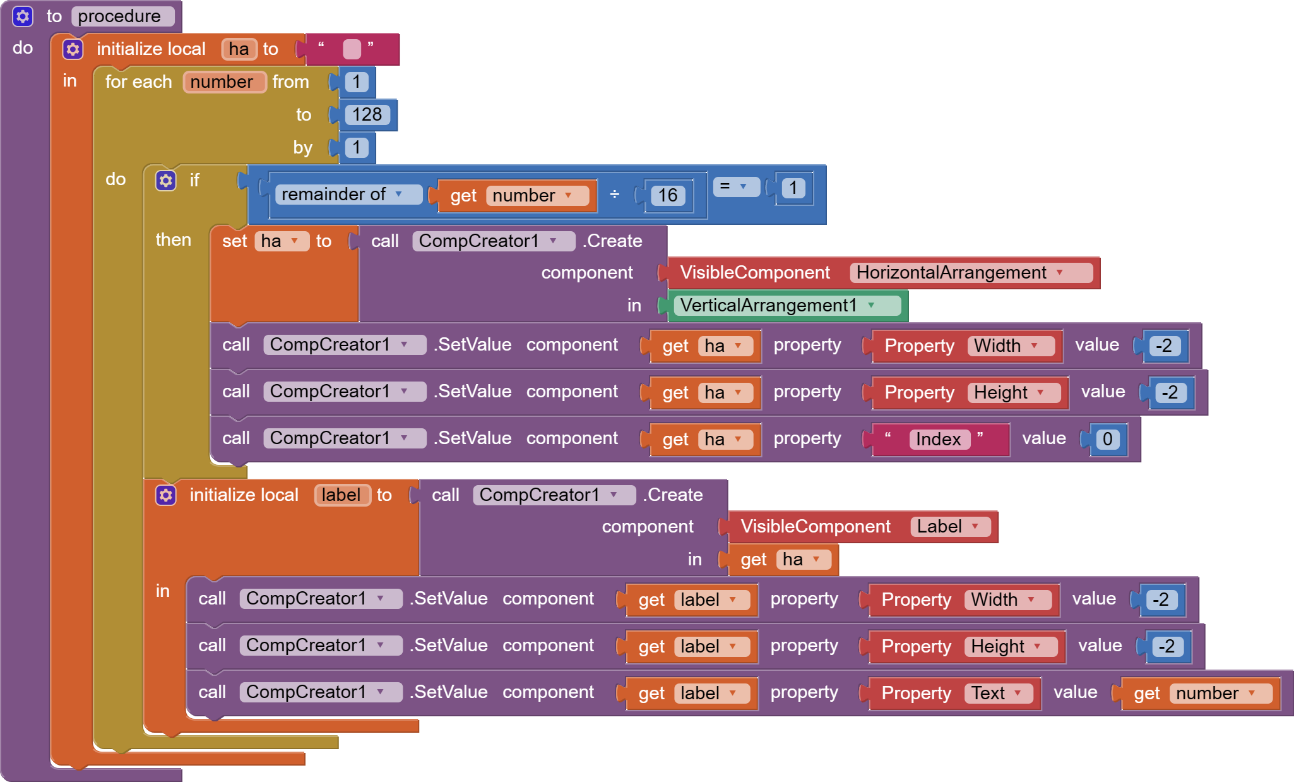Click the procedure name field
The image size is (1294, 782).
pyautogui.click(x=120, y=16)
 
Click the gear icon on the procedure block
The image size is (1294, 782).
pyautogui.click(x=23, y=16)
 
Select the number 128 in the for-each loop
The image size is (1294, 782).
pyautogui.click(x=367, y=114)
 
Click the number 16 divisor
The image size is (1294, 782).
pyautogui.click(x=667, y=195)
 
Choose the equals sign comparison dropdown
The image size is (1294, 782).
pyautogui.click(x=735, y=186)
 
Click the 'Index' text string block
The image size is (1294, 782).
pyautogui.click(x=938, y=440)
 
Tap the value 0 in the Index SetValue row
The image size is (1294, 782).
pyautogui.click(x=1107, y=440)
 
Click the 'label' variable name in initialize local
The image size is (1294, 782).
pyautogui.click(x=341, y=495)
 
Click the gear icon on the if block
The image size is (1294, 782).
pyautogui.click(x=166, y=181)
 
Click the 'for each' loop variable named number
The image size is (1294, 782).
pyautogui.click(x=222, y=82)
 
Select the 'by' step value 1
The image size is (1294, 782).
pyautogui.click(x=357, y=147)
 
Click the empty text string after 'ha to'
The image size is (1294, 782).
pyautogui.click(x=352, y=49)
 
